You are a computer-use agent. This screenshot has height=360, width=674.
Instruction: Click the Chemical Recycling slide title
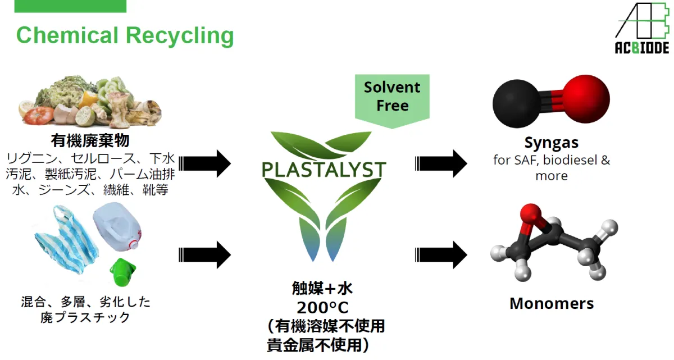[125, 35]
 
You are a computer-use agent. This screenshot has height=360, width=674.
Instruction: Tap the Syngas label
[551, 143]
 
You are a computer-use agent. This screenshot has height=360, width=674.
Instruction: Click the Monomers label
[551, 304]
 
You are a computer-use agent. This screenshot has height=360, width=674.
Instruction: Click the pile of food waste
[90, 101]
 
